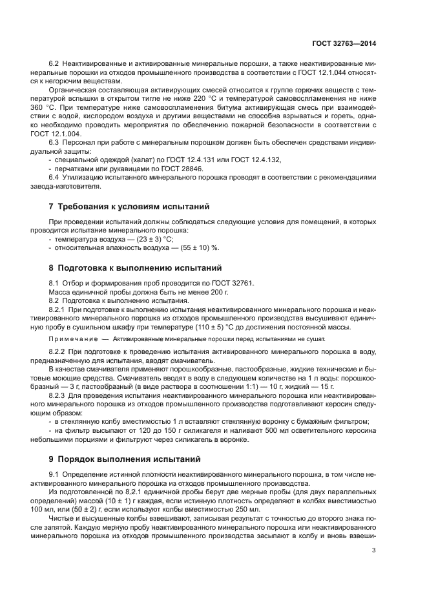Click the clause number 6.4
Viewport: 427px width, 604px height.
click(55, 177)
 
